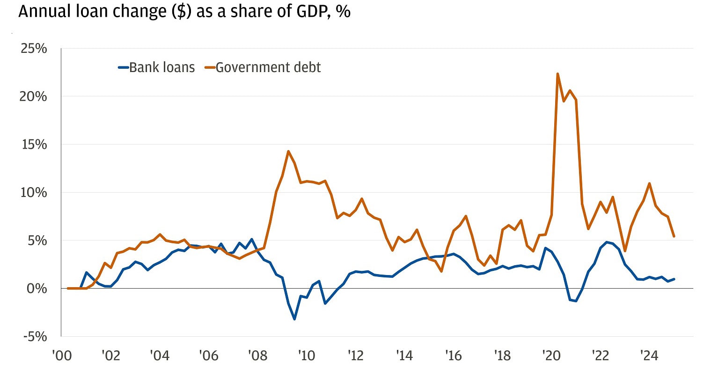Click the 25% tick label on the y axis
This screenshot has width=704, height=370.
[34, 48]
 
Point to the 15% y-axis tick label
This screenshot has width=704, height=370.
[34, 145]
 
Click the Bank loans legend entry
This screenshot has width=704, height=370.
[156, 67]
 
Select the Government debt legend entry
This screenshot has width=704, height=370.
[263, 67]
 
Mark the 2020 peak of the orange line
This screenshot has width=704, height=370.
[557, 73]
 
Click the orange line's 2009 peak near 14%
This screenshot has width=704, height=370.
[288, 151]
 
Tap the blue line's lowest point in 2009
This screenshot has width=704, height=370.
[294, 319]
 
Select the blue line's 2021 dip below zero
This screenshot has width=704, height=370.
[576, 301]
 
